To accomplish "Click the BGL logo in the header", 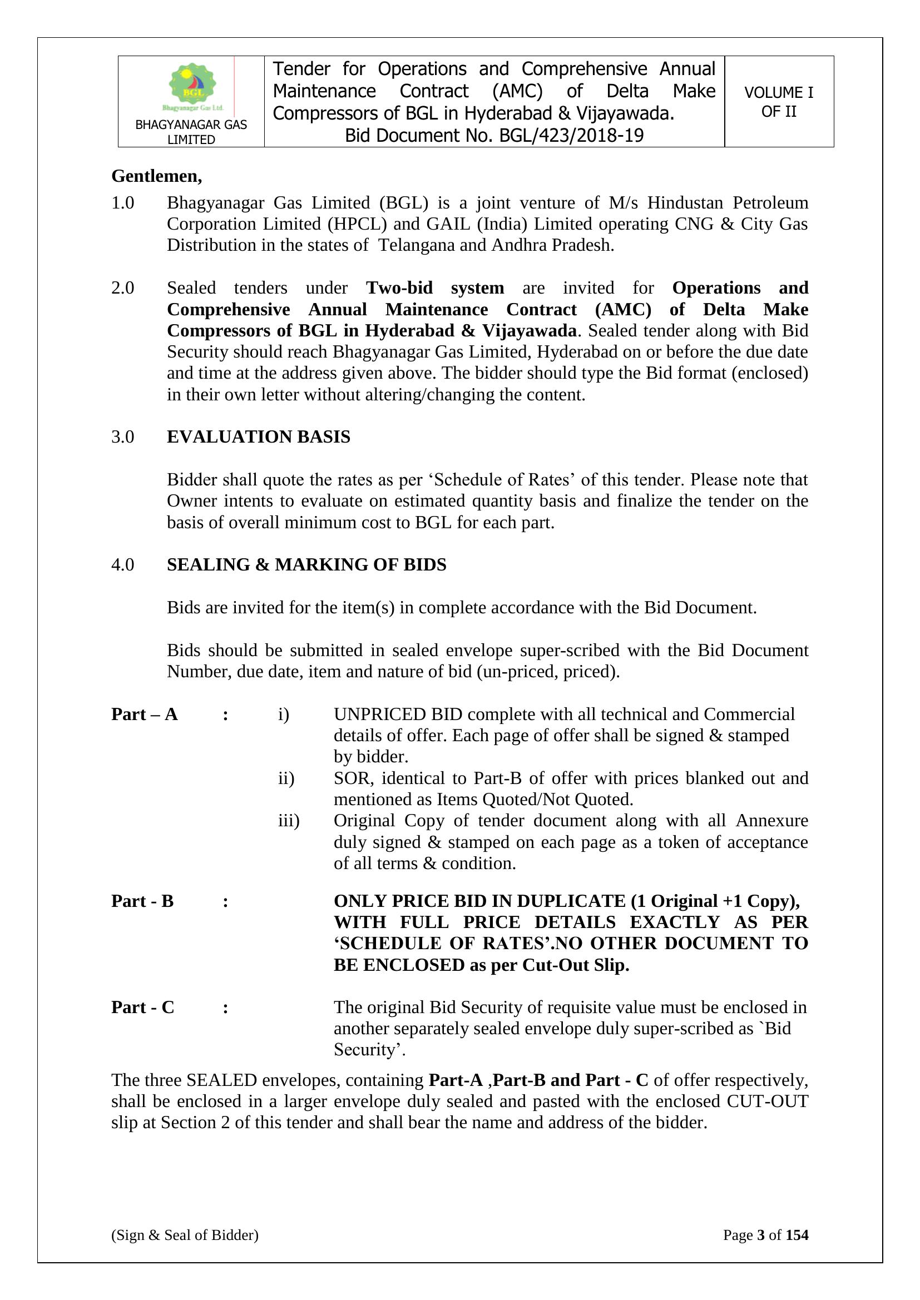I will [192, 87].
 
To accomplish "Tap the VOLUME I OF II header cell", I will [778, 102].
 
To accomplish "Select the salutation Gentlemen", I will [156, 177].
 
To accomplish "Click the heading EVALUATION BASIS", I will [258, 437].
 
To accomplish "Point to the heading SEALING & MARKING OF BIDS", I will [306, 565].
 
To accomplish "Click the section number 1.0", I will [123, 203].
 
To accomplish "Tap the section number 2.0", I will [123, 288].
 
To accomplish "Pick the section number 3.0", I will [123, 437].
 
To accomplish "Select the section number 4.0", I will [123, 565].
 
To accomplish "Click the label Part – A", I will [145, 714].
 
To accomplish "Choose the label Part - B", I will [142, 901].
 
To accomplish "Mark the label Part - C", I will [143, 1008].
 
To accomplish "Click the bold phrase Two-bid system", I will [434, 288].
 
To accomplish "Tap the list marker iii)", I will [288, 821].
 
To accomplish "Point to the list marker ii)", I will [286, 778].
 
